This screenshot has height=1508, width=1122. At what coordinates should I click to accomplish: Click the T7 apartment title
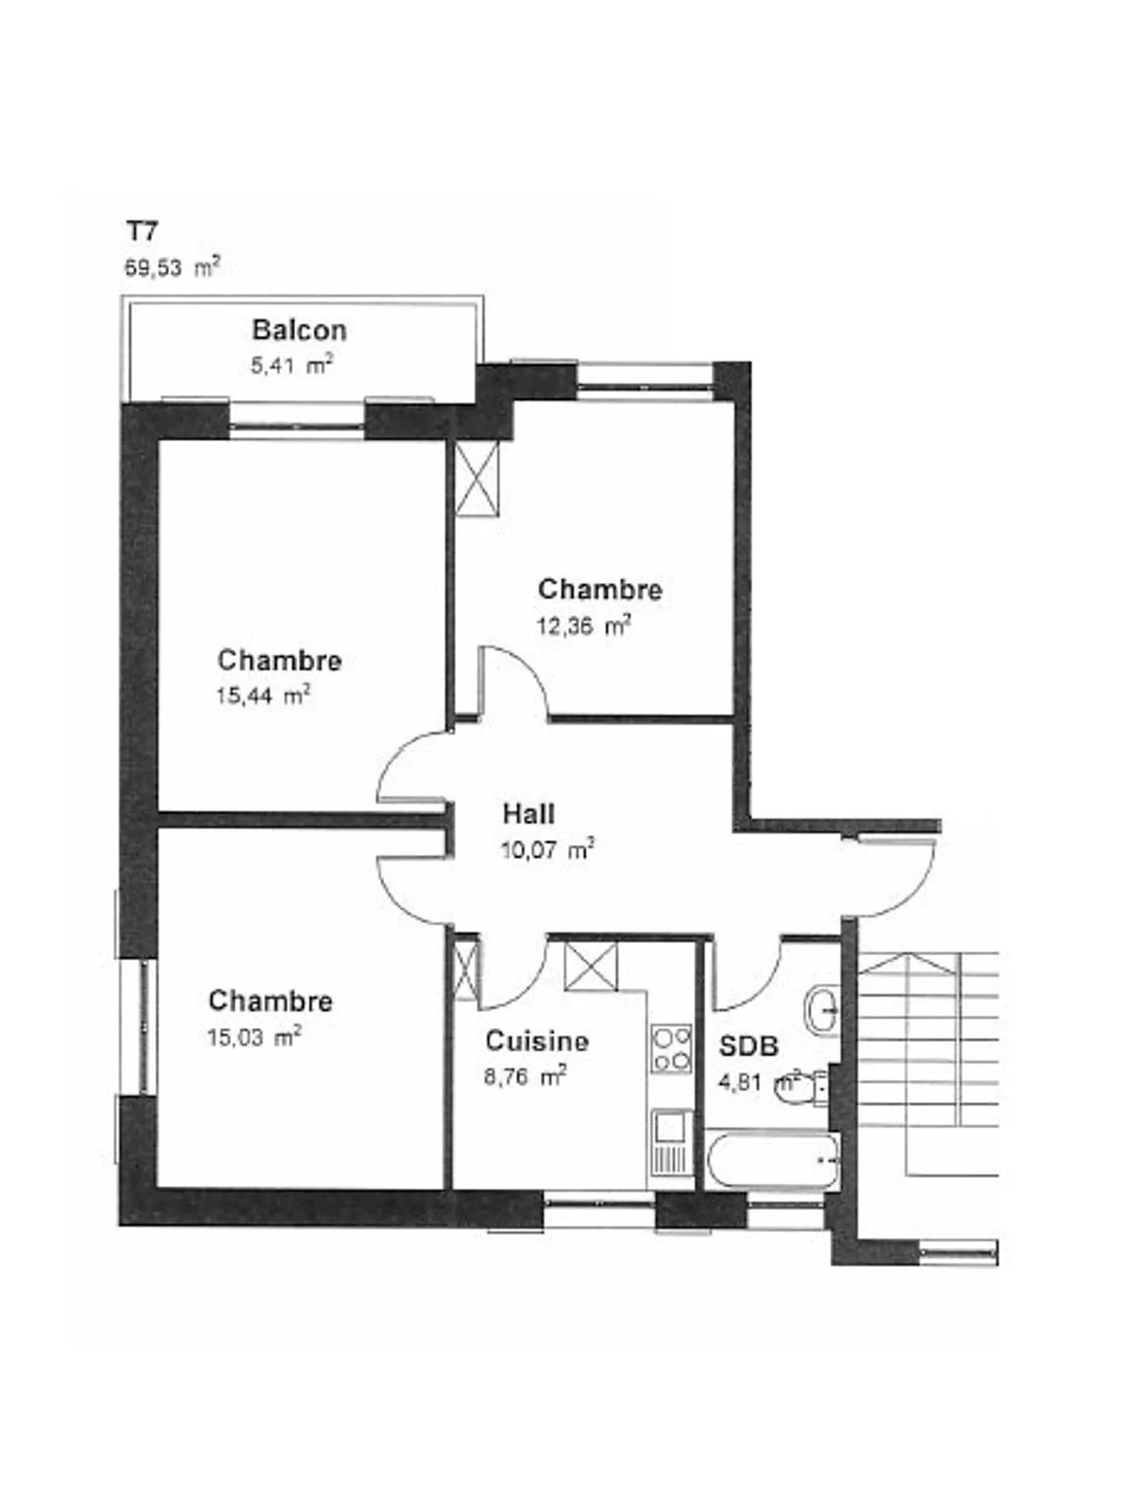tap(143, 231)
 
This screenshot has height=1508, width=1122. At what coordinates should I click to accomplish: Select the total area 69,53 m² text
tap(172, 267)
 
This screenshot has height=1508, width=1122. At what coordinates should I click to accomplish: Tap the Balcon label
tap(299, 330)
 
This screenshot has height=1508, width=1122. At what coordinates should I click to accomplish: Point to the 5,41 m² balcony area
tap(291, 365)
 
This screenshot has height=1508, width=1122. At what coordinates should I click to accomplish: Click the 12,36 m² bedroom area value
tap(583, 626)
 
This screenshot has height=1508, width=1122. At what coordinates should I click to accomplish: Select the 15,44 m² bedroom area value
tap(263, 695)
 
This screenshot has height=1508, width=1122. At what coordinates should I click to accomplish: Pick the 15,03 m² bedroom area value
tap(253, 1037)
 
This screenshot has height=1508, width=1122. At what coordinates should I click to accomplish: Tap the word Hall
tap(528, 814)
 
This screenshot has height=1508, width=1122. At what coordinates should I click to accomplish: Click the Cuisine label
tap(536, 1040)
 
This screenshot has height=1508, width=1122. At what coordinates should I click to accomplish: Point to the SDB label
tap(748, 1046)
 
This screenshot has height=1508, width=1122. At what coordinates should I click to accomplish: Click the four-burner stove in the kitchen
tap(671, 1049)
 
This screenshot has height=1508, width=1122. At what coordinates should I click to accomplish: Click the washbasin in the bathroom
tap(820, 1011)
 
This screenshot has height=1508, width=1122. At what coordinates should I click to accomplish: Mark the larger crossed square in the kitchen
tap(590, 966)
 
